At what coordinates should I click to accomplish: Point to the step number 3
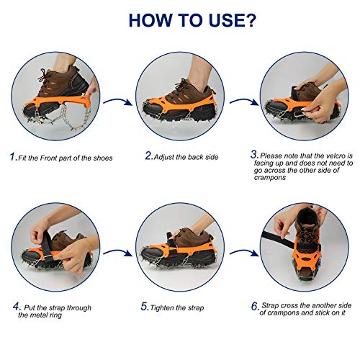tap(254, 154)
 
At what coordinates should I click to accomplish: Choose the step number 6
tap(255, 306)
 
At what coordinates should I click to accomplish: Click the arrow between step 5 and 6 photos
tap(243, 252)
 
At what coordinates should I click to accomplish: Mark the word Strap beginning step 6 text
tap(271, 305)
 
